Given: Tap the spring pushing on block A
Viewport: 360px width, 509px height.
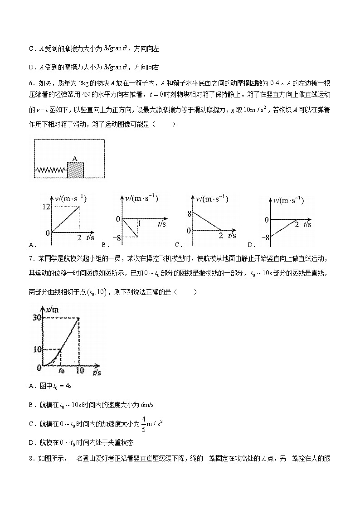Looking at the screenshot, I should (51, 170).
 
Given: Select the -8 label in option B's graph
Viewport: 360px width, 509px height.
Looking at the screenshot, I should (117, 238).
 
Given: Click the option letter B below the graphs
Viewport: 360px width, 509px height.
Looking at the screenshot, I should (104, 245).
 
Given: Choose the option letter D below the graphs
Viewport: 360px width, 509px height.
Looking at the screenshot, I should (249, 245).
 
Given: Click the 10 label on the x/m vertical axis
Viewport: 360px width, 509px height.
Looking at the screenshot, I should (37, 349).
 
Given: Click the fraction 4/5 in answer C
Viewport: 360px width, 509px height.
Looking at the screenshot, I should (143, 424).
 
